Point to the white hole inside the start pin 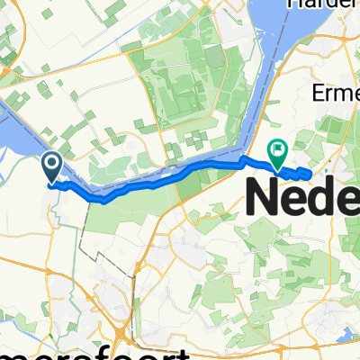[x=52, y=163]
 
